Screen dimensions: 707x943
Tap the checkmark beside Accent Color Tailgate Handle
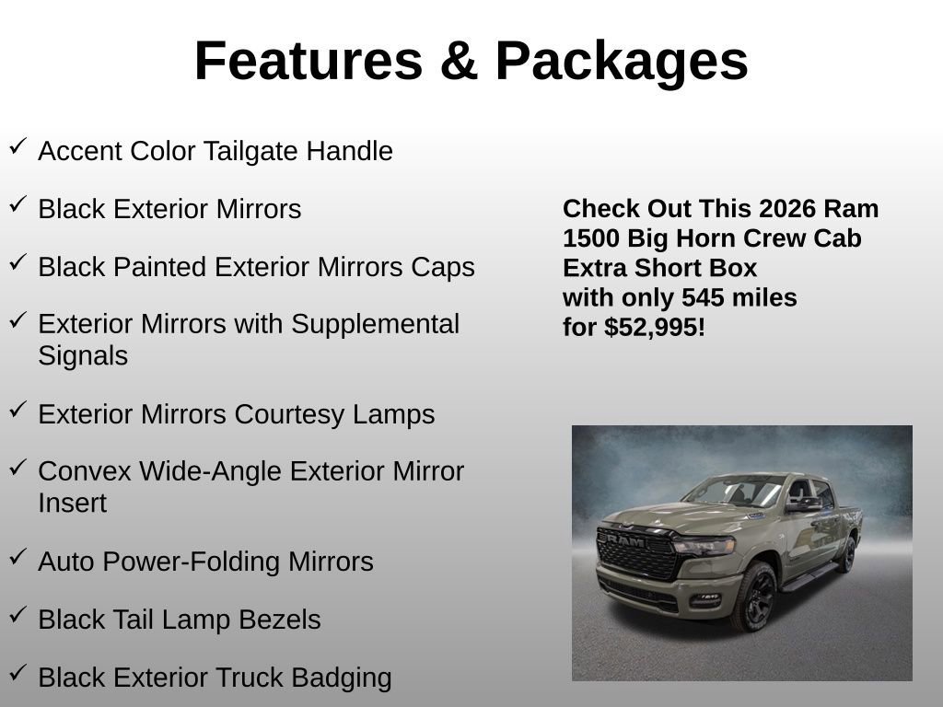17,146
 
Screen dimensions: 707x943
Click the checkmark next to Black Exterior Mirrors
17,204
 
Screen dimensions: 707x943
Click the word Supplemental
375,324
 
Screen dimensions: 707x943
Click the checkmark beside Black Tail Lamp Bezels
17,615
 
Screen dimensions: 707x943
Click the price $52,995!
655,327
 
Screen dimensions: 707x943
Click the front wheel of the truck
754,597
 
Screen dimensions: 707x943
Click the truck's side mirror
801,504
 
